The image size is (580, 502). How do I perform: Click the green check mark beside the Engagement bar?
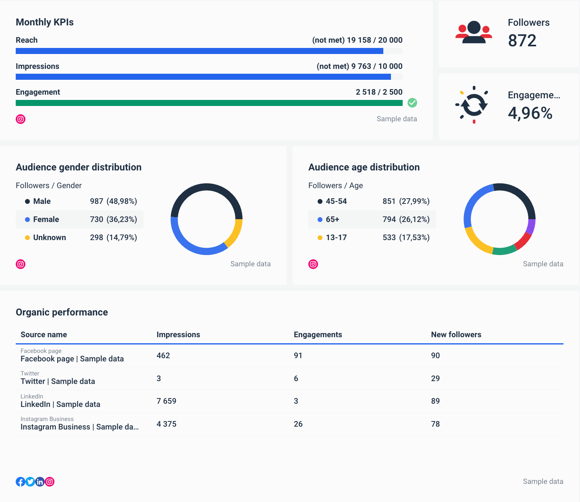[x=412, y=103]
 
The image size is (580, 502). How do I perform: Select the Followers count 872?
[x=522, y=41]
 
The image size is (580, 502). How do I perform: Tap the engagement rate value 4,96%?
[x=530, y=113]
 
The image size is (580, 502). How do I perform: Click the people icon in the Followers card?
[x=474, y=32]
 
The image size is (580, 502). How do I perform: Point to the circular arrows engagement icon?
[x=474, y=105]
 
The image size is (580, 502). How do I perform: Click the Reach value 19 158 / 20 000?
[x=374, y=40]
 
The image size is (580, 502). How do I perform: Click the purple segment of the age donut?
[x=531, y=226]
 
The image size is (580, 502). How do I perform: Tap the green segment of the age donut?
[x=504, y=251]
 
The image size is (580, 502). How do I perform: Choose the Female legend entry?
[x=46, y=220]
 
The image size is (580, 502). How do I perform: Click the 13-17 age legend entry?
[x=336, y=238]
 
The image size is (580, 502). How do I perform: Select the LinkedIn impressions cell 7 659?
[x=166, y=401]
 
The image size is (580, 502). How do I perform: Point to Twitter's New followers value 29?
[x=435, y=379]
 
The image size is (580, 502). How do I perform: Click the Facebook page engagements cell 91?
[x=298, y=356]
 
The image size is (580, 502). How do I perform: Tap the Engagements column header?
[x=318, y=335]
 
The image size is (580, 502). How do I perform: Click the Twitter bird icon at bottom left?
[x=30, y=481]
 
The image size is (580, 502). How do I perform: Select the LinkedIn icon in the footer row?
[x=40, y=481]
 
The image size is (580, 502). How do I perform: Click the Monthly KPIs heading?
[x=45, y=23]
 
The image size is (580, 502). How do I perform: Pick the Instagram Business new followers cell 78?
[x=435, y=424]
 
